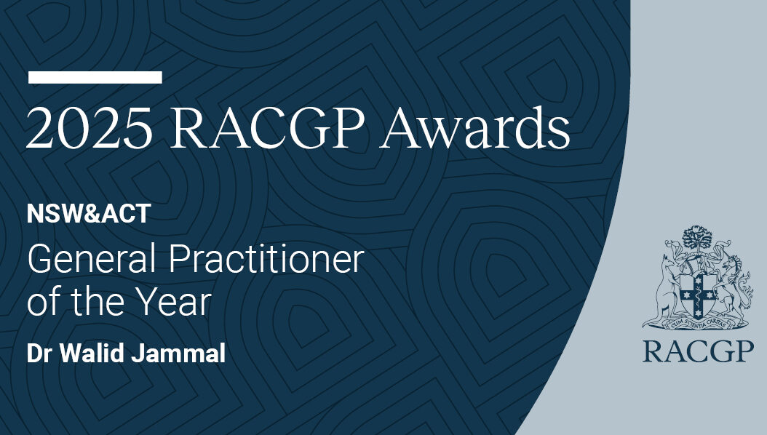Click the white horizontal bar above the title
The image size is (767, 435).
(x=95, y=77)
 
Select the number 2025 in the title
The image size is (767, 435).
(x=89, y=128)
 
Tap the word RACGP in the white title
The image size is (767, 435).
(x=268, y=128)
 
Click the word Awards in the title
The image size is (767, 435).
(x=475, y=127)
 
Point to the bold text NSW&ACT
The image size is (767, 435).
(x=89, y=214)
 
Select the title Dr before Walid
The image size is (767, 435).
(x=41, y=353)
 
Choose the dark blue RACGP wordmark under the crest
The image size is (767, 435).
(x=698, y=351)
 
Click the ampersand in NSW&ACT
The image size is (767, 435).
(x=92, y=214)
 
